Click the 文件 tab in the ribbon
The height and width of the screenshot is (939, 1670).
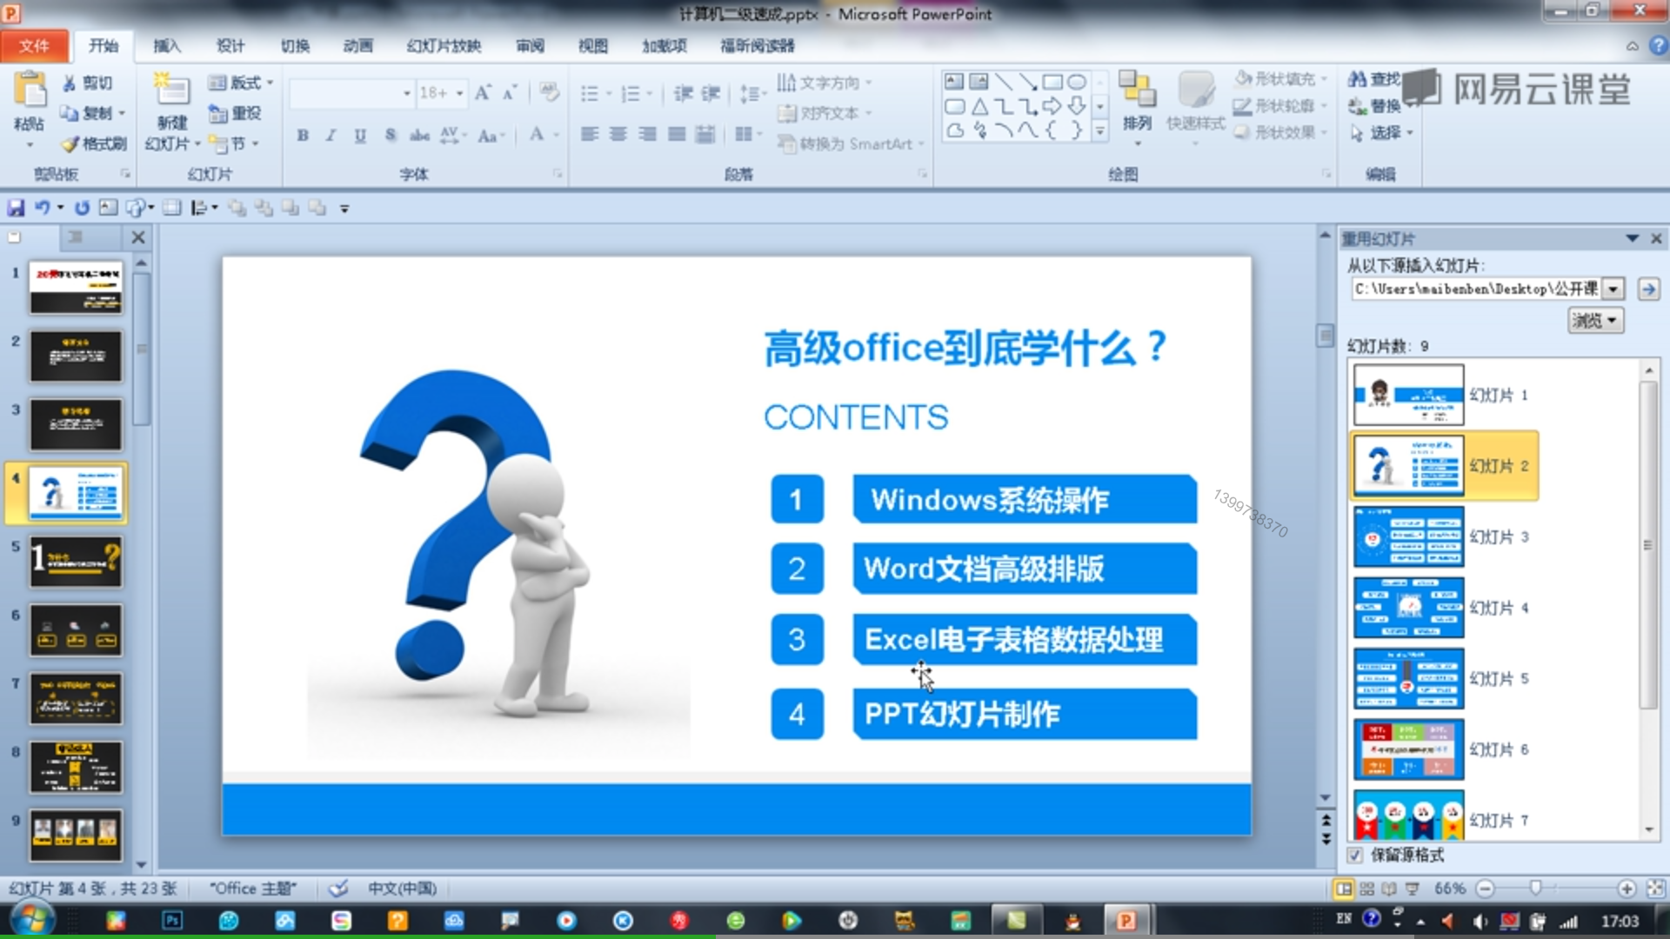tap(34, 46)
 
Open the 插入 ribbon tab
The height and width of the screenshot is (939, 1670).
tap(166, 46)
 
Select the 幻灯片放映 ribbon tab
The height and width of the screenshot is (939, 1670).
tap(444, 46)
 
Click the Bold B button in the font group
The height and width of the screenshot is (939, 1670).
tap(303, 136)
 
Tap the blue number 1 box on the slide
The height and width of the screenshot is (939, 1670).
tap(796, 500)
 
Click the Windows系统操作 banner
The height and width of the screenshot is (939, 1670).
tap(1024, 500)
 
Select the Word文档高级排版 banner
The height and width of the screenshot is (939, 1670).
tap(1024, 569)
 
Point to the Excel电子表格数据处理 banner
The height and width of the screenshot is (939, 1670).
tap(1024, 640)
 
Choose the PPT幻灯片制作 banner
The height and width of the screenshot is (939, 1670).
tap(1024, 715)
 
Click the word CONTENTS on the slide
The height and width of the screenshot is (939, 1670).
tap(856, 417)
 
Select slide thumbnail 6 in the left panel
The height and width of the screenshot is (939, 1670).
tap(77, 630)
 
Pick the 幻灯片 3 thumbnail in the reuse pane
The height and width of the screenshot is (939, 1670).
tap(1408, 536)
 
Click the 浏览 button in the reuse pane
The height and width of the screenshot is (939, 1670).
tap(1595, 321)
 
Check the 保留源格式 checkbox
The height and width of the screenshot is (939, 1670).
tap(1354, 856)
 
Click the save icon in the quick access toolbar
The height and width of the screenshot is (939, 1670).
tap(16, 208)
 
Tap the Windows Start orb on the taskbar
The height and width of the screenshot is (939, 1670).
tap(33, 920)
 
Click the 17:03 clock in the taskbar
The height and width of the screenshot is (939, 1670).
tap(1620, 921)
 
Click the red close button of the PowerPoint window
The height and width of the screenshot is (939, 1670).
tap(1639, 11)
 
